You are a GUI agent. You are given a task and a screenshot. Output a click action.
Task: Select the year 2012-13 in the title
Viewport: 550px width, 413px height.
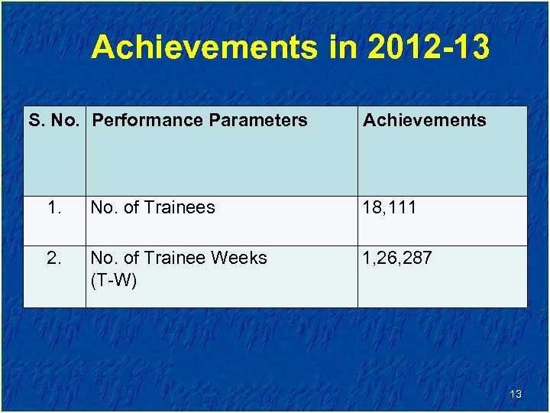429,47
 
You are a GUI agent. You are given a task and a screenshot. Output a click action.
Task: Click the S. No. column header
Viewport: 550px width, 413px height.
57,120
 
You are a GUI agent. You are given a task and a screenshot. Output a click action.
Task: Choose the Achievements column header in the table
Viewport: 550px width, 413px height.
424,120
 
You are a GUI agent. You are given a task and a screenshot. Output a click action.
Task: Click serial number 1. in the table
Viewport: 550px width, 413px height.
54,207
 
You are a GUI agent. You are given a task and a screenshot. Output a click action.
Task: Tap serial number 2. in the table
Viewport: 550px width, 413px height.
54,258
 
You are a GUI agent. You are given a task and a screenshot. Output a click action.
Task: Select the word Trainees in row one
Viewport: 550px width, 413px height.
180,207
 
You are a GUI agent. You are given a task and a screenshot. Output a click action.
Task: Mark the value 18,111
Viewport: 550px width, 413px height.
390,207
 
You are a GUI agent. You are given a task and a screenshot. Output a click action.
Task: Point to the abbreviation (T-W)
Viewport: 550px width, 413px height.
113,281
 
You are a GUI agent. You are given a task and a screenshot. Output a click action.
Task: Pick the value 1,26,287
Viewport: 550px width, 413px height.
397,258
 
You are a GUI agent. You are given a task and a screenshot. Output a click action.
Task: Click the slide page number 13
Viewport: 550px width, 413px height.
516,394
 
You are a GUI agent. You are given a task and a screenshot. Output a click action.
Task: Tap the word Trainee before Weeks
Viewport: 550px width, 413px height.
175,258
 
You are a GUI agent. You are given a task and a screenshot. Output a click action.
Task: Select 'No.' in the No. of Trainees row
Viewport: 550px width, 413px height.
103,207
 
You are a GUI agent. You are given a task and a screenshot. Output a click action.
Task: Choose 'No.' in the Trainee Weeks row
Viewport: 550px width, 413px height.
103,258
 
